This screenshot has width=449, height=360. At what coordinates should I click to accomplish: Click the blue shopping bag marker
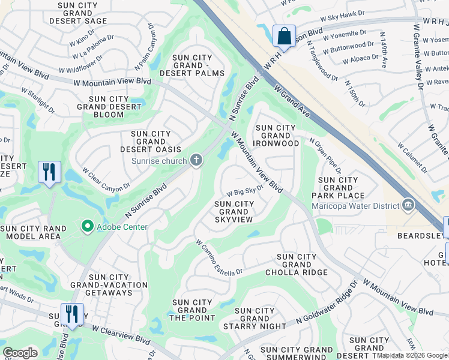pyautogui.click(x=284, y=35)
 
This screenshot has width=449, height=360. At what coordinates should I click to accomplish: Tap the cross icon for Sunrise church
pyautogui.click(x=195, y=160)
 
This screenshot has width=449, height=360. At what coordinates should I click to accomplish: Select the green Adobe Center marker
pyautogui.click(x=88, y=226)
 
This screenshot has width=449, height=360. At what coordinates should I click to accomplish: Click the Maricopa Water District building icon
pyautogui.click(x=408, y=206)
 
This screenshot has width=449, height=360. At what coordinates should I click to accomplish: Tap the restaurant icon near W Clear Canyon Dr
pyautogui.click(x=49, y=172)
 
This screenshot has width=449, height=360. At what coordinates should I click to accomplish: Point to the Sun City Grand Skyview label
pyautogui.click(x=234, y=212)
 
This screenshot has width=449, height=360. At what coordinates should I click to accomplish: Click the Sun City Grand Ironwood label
pyautogui.click(x=277, y=136)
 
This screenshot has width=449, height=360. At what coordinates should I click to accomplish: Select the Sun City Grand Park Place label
pyautogui.click(x=338, y=188)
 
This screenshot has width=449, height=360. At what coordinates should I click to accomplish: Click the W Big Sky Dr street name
pyautogui.click(x=245, y=191)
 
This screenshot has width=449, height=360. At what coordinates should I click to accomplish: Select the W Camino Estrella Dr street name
pyautogui.click(x=219, y=257)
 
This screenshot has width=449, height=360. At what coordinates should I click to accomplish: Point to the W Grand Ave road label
pyautogui.click(x=291, y=99)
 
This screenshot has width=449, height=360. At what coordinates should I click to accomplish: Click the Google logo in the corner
pyautogui.click(x=20, y=353)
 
